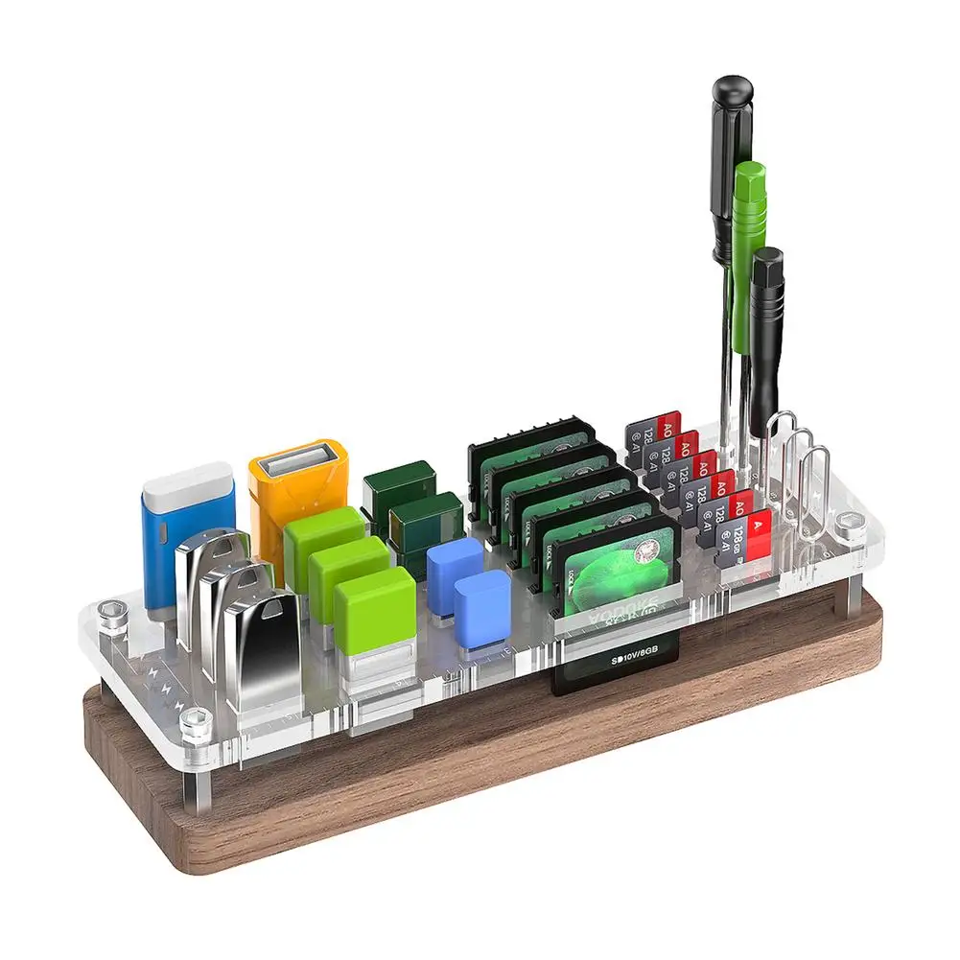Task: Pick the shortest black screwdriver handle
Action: pos(766,326)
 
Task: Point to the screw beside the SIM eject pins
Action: pos(851,523)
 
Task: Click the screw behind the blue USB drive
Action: pos(114,610)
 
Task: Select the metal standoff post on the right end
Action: pos(852,595)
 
